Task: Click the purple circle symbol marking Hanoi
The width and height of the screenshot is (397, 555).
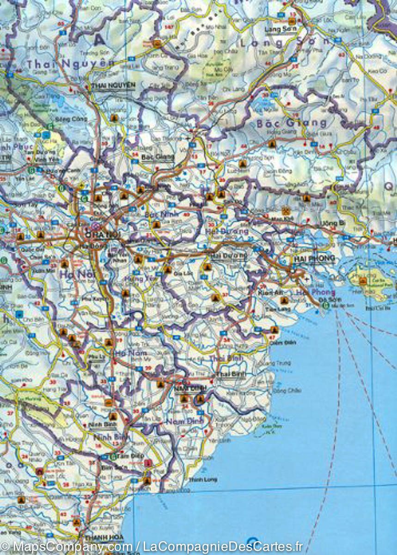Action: pyautogui.click(x=95, y=227)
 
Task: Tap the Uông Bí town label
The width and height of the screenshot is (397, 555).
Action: pyautogui.click(x=332, y=223)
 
